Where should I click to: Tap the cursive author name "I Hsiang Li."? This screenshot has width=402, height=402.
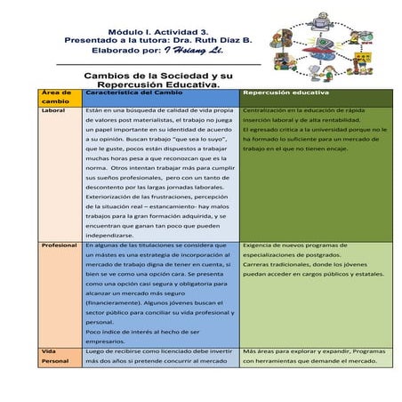[201, 51]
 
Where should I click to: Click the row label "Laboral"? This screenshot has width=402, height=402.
[53, 111]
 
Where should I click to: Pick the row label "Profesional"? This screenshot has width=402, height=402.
[59, 245]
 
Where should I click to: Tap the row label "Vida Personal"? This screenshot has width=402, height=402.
[55, 356]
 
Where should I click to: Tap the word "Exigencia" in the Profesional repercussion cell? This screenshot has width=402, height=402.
[260, 244]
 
